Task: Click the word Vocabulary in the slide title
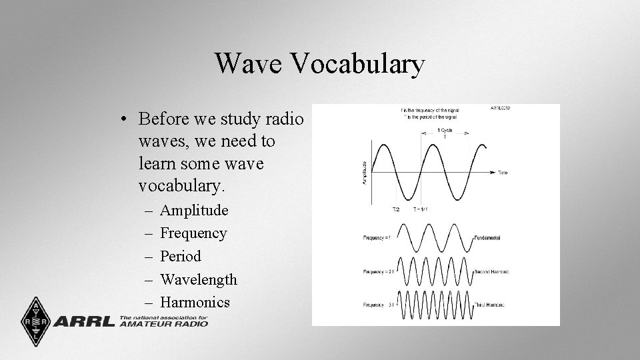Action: click(358, 65)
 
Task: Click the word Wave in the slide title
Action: click(249, 64)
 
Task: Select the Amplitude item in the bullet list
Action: click(194, 211)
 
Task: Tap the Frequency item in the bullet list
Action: click(193, 233)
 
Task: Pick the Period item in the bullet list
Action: click(181, 256)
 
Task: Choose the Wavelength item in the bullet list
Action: click(199, 279)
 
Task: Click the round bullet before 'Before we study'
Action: click(125, 119)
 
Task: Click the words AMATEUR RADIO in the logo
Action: click(164, 324)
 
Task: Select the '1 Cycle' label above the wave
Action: click(444, 131)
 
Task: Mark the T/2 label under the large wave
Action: click(396, 209)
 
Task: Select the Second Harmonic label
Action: click(493, 271)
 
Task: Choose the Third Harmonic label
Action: click(490, 304)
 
